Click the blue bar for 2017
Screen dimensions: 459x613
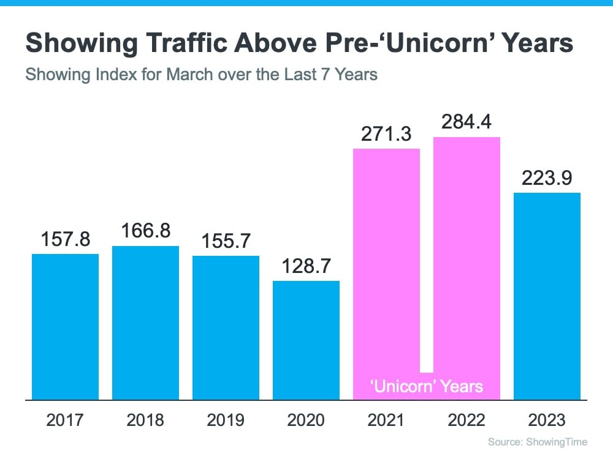65,327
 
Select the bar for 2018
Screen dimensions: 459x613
145,323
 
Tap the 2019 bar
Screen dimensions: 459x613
226,327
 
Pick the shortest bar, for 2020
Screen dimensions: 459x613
306,340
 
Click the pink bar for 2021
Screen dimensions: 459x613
386,263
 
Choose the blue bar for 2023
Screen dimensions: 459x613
547,296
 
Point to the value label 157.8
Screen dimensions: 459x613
65,239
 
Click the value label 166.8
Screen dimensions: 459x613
145,232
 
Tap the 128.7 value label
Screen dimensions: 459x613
306,267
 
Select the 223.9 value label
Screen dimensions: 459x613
547,179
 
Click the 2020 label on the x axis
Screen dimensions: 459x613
306,420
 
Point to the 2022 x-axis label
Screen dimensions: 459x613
466,420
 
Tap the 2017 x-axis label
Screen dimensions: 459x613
65,420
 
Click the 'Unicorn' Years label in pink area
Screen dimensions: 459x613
427,386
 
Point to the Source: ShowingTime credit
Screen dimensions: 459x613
537,442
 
